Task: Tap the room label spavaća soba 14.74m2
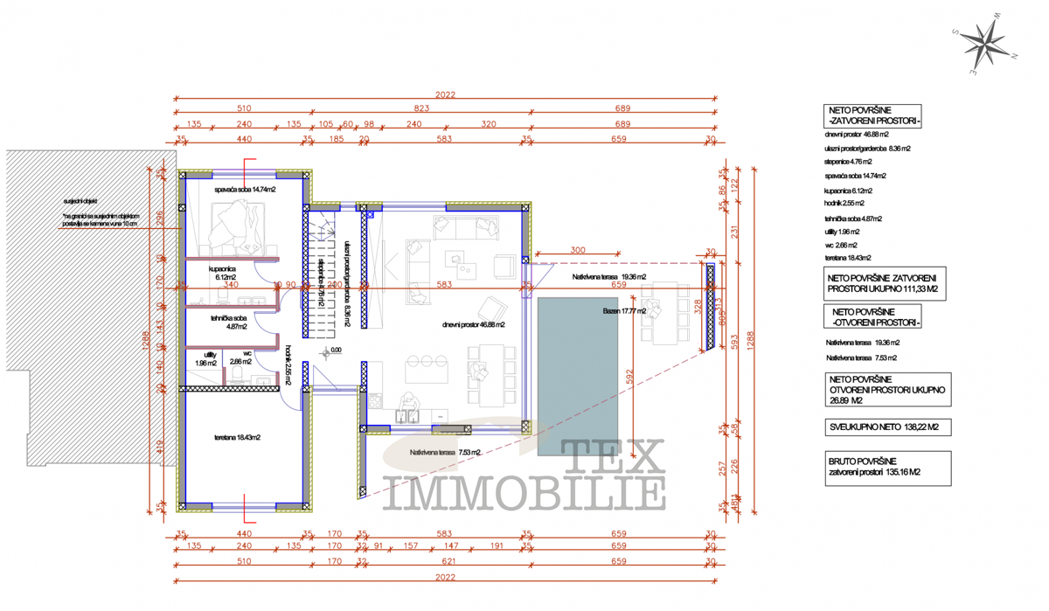[245, 189]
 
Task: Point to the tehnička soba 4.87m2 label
[229, 322]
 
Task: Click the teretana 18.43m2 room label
[237, 437]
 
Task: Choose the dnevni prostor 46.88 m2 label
[472, 324]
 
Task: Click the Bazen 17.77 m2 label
[624, 311]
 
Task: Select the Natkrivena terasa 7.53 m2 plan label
[445, 452]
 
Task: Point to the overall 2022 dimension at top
[445, 94]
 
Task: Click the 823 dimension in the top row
[421, 109]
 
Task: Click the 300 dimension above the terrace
[577, 250]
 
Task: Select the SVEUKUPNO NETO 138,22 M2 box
[885, 427]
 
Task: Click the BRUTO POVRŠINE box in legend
[886, 467]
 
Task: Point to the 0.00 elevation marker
[335, 351]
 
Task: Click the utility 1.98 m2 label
[206, 358]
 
